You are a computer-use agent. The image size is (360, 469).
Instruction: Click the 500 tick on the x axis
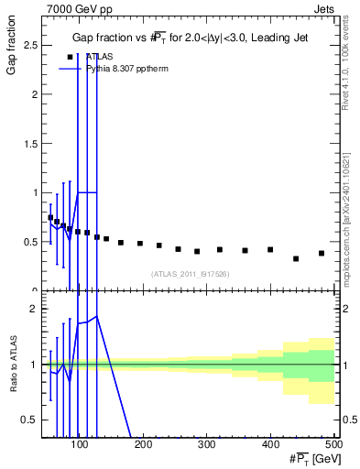(333, 445)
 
